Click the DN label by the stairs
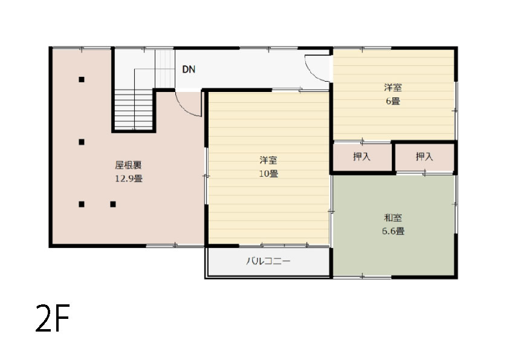(189, 69)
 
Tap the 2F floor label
(53, 318)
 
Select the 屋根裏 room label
(129, 165)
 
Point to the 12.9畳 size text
(129, 178)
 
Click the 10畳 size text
(268, 174)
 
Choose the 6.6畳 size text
(393, 231)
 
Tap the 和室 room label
(393, 217)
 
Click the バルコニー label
(268, 261)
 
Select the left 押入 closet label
(361, 157)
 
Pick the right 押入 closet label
(424, 157)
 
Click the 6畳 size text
(393, 101)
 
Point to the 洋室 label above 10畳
(268, 160)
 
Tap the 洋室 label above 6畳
(393, 87)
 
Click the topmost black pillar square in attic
(82, 79)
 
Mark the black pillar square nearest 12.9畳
(113, 204)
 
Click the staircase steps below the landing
(134, 110)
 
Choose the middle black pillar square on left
(82, 142)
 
